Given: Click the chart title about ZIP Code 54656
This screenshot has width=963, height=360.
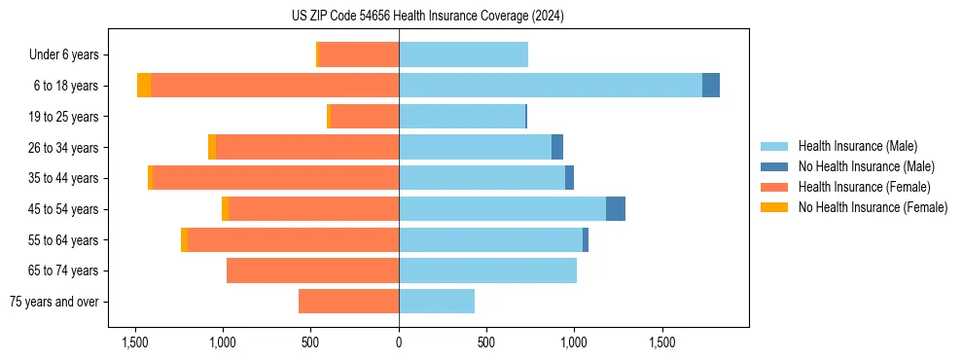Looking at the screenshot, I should point(427,16).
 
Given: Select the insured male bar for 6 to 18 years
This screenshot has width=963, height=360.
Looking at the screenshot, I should point(550,86).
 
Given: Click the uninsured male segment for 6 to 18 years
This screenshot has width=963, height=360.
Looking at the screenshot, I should point(711,86).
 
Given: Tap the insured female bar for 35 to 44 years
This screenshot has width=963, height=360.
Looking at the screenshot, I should point(275,178).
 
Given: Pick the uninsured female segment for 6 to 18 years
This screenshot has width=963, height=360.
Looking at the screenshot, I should point(144,86).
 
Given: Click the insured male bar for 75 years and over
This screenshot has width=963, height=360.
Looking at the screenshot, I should point(437,302).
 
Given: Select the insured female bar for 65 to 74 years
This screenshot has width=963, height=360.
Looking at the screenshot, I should point(312,270).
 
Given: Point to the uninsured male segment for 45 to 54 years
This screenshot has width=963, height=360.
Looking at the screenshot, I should point(616,209).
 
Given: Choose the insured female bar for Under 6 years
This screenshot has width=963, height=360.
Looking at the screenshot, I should point(358,54).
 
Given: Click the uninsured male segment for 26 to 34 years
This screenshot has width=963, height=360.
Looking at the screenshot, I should point(557,147).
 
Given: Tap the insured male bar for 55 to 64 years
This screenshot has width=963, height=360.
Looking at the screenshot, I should point(490,239).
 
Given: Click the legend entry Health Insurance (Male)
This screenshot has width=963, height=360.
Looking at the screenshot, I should point(857,146).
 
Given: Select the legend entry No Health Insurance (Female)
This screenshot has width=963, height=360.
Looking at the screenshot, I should point(873,207).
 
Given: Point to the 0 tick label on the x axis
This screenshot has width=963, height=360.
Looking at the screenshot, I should point(399,342).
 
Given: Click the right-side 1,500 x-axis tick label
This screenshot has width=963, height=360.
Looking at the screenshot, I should point(662,342).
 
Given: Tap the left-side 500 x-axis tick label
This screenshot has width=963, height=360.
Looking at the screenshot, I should point(310,342).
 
